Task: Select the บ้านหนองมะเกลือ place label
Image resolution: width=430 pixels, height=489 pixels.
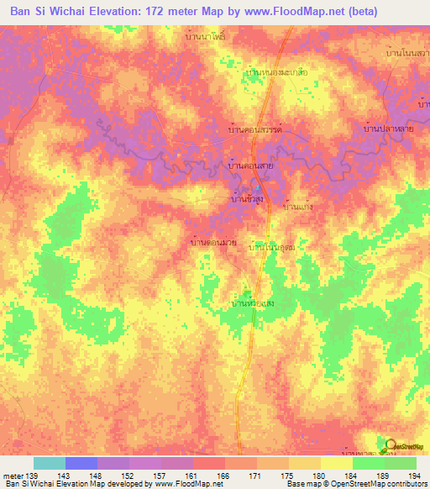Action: [x=276, y=73]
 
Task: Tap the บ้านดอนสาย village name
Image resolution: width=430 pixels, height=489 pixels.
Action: [x=254, y=166]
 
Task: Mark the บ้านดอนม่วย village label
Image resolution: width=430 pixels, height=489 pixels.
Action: [x=213, y=242]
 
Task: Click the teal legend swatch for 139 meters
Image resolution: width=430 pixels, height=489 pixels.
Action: [x=49, y=463]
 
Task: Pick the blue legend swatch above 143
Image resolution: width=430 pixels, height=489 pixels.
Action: [x=81, y=463]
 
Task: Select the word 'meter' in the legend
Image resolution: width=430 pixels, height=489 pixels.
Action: [x=13, y=475]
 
